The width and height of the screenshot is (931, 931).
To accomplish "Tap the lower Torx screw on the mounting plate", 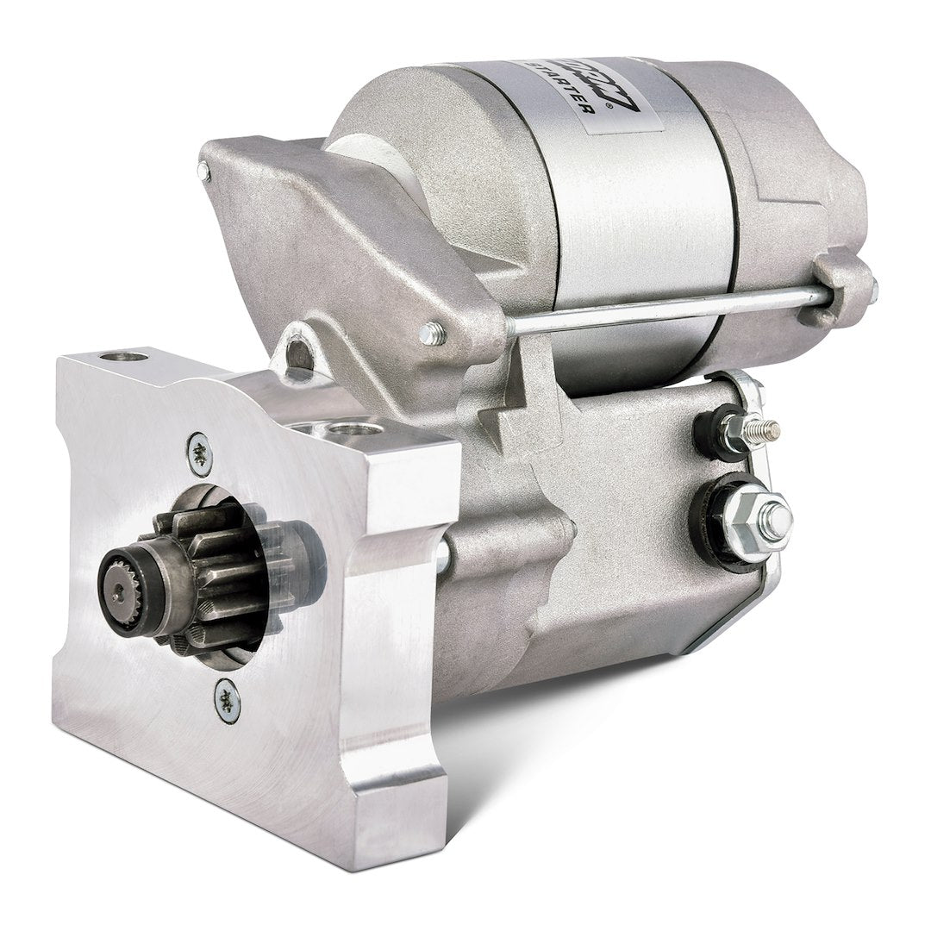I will point(228,701).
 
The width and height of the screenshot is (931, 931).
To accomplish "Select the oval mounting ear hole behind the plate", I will point(297,353).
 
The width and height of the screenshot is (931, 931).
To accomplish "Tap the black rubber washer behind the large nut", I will point(712,522).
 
